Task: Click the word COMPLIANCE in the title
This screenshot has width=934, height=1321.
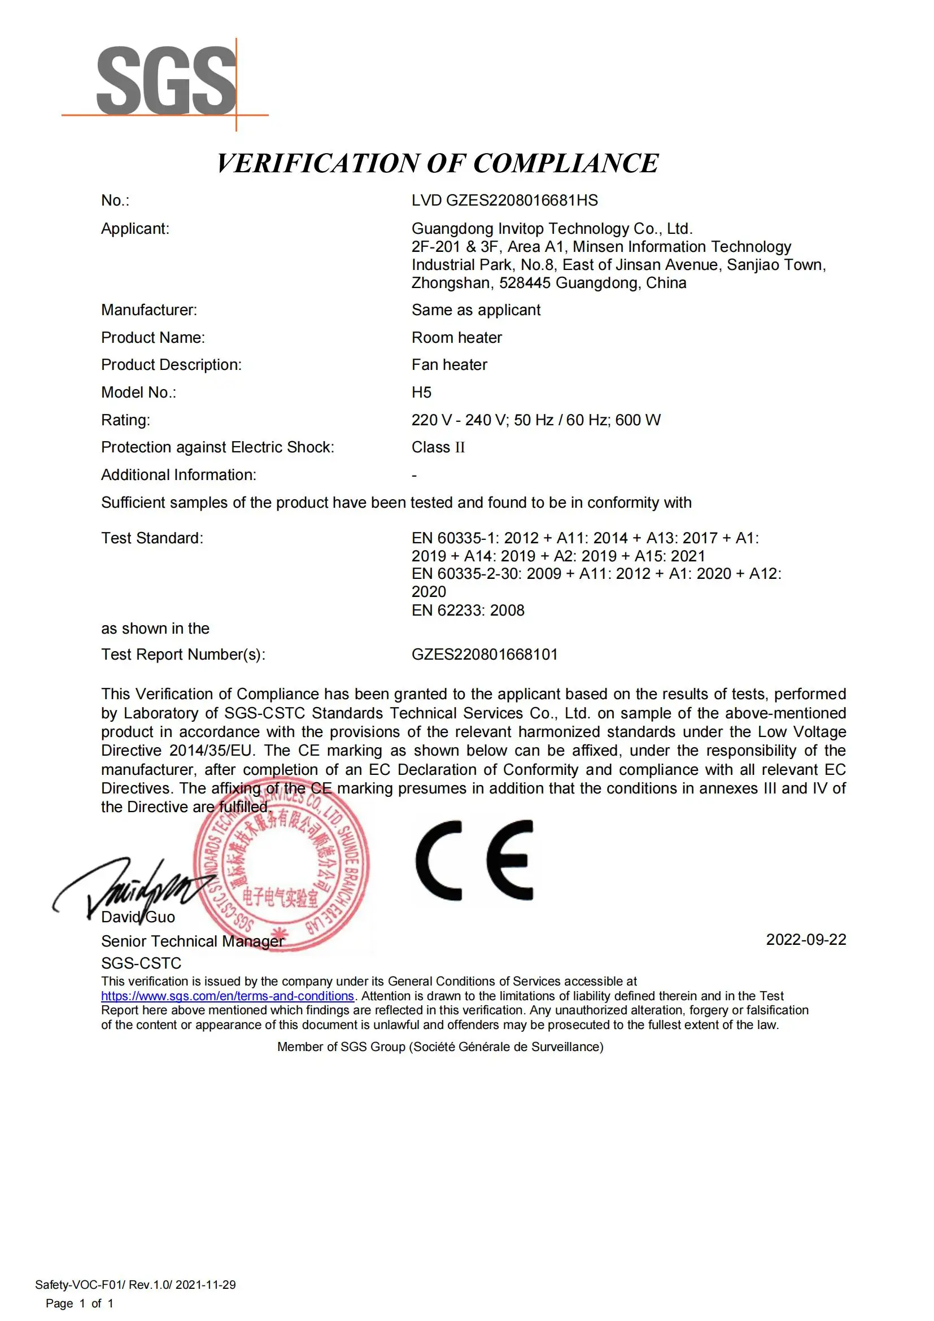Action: click(566, 163)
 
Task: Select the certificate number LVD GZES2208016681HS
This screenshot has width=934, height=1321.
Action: click(504, 200)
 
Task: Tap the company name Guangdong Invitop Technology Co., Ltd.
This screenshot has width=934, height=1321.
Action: click(552, 228)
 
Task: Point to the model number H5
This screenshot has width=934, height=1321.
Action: click(421, 393)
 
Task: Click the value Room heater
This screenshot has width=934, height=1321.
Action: click(457, 338)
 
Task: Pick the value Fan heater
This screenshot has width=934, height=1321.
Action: click(449, 365)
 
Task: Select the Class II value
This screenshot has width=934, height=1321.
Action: click(438, 447)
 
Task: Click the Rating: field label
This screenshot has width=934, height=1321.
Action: click(125, 420)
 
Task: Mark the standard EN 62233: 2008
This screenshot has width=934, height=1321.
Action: click(468, 611)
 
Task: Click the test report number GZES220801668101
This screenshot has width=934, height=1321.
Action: click(485, 654)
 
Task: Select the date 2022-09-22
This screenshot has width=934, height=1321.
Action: click(806, 940)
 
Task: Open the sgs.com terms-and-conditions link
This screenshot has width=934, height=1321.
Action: click(227, 996)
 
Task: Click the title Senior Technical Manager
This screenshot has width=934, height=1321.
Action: click(193, 941)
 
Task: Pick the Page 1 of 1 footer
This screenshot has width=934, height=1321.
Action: click(80, 1303)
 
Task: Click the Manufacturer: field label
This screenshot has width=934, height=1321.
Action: click(149, 310)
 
